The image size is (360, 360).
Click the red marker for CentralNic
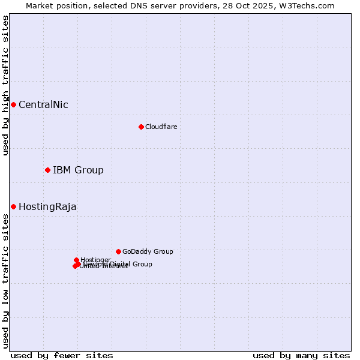(x=13, y=104)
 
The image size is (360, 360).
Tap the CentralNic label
(x=43, y=105)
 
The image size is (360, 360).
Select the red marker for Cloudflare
(x=141, y=127)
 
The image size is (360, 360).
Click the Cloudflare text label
(x=161, y=127)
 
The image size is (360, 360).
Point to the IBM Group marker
(x=47, y=170)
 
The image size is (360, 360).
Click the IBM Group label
(x=78, y=170)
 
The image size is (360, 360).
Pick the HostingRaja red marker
(x=13, y=206)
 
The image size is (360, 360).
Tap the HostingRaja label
(x=47, y=207)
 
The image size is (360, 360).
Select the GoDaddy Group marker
(x=118, y=251)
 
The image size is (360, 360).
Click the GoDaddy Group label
(x=148, y=252)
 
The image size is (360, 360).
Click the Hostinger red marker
(x=76, y=260)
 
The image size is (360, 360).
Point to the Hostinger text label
(x=95, y=260)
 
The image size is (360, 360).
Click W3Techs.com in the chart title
(x=308, y=6)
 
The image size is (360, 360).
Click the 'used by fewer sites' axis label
(x=62, y=355)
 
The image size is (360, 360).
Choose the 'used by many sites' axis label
(x=301, y=355)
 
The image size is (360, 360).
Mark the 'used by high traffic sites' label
(x=6, y=85)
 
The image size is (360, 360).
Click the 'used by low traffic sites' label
(x=6, y=281)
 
